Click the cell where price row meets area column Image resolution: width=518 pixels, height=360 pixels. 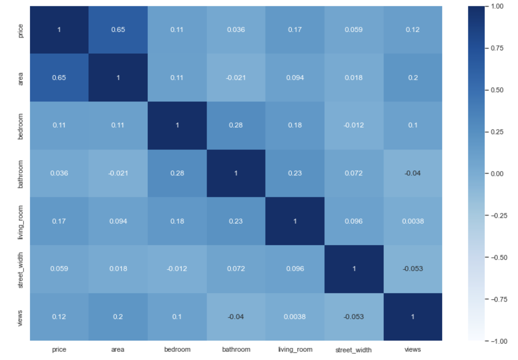coord(118,30)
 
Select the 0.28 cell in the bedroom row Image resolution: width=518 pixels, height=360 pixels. coord(236,125)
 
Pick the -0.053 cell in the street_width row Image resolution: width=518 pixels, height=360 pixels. coord(413,269)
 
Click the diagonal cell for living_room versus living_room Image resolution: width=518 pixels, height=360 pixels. coord(294,221)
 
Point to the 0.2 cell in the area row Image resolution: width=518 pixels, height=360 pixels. coord(413,78)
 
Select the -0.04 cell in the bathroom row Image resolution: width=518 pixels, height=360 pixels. coord(413,173)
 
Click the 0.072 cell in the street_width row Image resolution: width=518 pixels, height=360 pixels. coord(236,269)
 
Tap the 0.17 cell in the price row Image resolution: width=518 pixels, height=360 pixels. coord(294,30)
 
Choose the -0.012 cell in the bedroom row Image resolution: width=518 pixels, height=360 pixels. coord(354,125)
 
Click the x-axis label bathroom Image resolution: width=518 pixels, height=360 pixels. coord(236,349)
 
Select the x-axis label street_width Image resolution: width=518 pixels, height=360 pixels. coord(353,350)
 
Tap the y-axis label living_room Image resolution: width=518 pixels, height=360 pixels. coord(21,222)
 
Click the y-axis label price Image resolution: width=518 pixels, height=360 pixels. coord(21,31)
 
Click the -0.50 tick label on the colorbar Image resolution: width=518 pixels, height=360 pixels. coord(499,258)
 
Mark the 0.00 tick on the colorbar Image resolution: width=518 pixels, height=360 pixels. coord(497,174)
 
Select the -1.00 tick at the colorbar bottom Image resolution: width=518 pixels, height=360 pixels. coord(499,341)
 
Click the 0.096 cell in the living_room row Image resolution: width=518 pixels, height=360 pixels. coord(354,221)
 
